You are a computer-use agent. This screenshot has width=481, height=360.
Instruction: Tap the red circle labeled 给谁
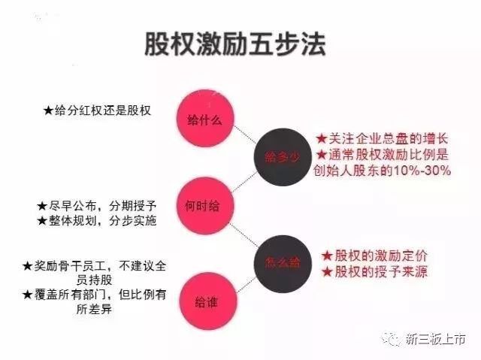point(204,304)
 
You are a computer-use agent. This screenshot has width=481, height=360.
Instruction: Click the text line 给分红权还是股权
point(104,110)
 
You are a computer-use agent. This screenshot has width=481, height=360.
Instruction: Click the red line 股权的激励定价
point(380,256)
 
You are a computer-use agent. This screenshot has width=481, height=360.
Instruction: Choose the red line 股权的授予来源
point(380,271)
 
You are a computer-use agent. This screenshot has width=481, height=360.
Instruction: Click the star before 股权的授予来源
point(327,272)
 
